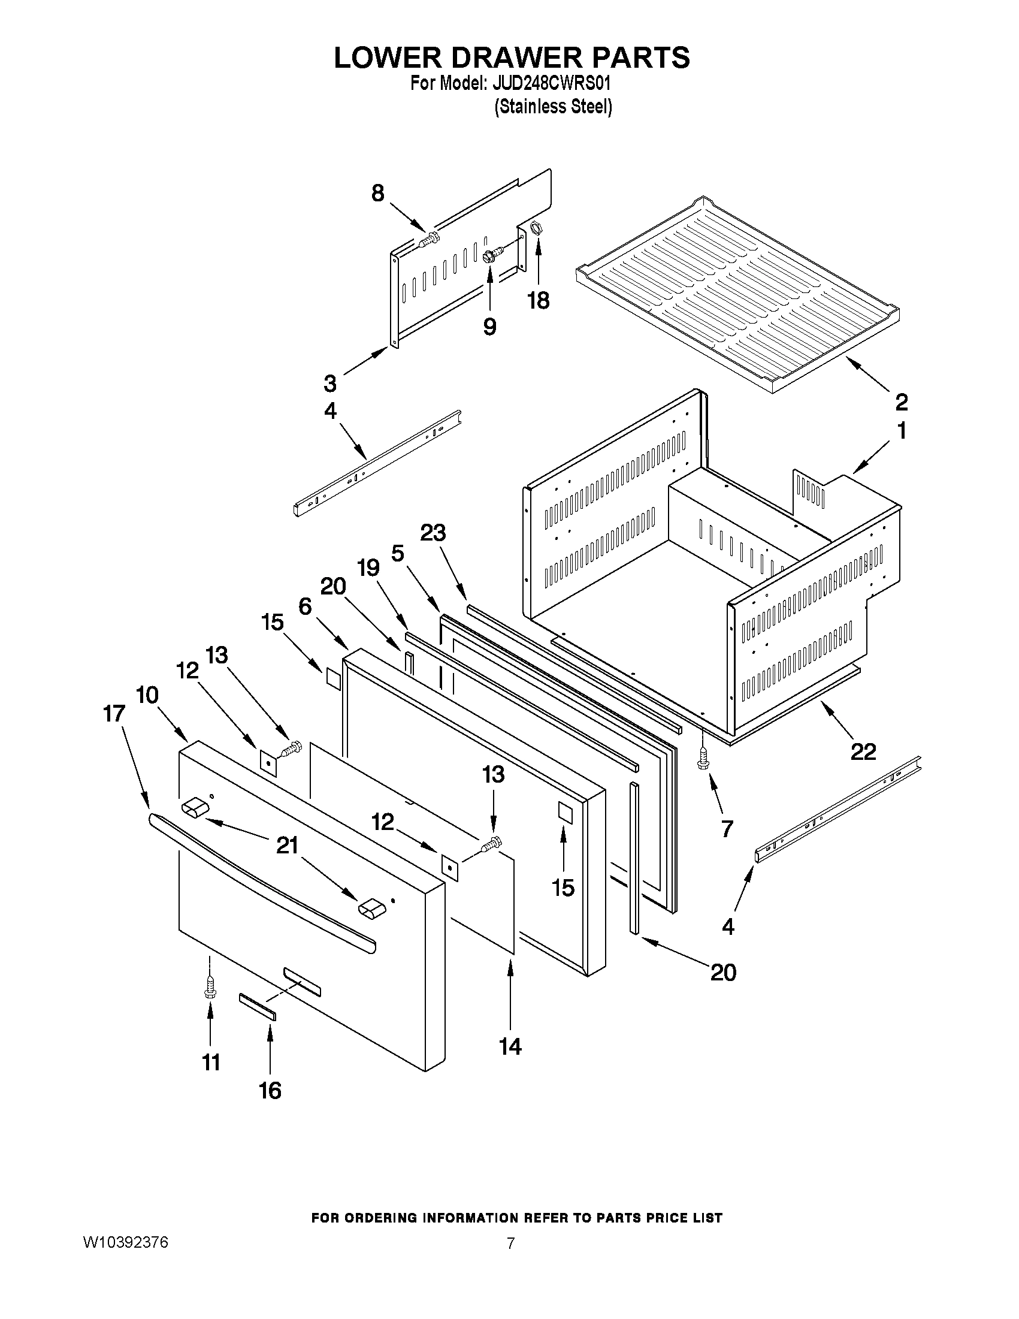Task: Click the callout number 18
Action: [x=539, y=300]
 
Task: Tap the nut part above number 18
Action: [x=535, y=229]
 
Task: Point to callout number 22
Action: [x=863, y=751]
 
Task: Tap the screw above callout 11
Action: [x=210, y=989]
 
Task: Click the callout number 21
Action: [x=288, y=846]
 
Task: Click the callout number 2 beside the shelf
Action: [x=900, y=401]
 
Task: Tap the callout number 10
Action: [x=147, y=695]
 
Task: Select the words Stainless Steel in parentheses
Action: [x=553, y=107]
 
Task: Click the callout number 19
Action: [x=368, y=568]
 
